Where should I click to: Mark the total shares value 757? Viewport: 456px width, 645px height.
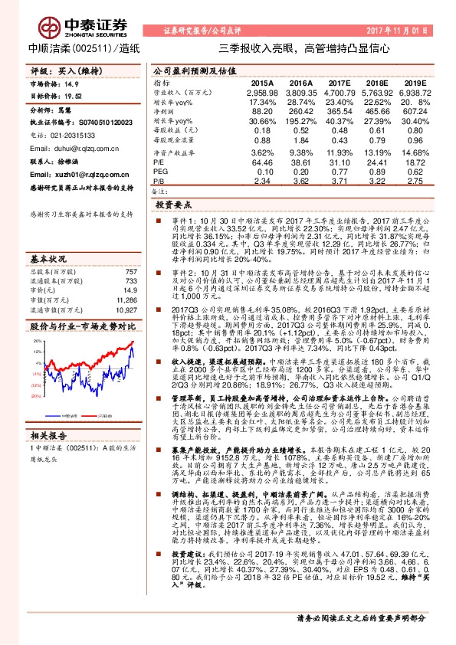click(130, 250)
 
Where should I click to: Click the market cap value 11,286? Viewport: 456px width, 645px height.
click(127, 281)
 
